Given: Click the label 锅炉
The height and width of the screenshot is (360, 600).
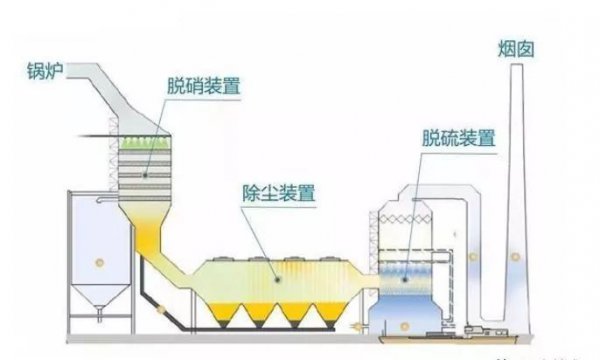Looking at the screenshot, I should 43,72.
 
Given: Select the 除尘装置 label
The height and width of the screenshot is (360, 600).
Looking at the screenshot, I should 276,189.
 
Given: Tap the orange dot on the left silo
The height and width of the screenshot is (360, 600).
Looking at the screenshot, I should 97,262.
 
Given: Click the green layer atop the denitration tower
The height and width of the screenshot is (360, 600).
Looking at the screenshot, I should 143,145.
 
